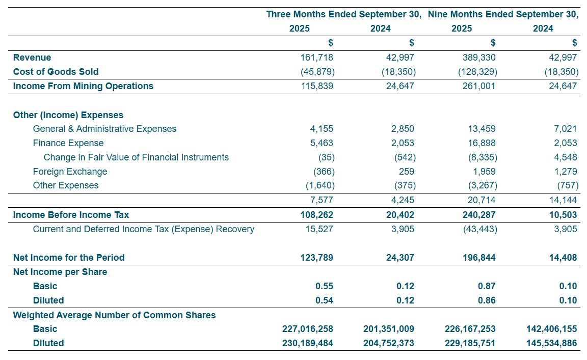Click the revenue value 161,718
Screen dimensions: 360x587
(316, 58)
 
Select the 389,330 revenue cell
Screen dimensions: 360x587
(479, 58)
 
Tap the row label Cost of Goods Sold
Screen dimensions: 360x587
(56, 72)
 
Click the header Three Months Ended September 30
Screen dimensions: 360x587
(343, 14)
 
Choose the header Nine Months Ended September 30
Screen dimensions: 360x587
(503, 14)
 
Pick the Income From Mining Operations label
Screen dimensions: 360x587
(83, 86)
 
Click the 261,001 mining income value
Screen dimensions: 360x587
(479, 86)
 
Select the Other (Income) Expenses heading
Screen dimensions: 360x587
(68, 115)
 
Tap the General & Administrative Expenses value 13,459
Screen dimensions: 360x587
(482, 129)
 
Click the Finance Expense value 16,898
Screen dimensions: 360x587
(482, 143)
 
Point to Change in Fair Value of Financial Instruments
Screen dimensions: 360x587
(136, 157)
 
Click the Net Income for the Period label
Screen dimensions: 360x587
(68, 258)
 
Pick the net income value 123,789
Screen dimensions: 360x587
(316, 258)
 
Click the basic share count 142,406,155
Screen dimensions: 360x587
(551, 329)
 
